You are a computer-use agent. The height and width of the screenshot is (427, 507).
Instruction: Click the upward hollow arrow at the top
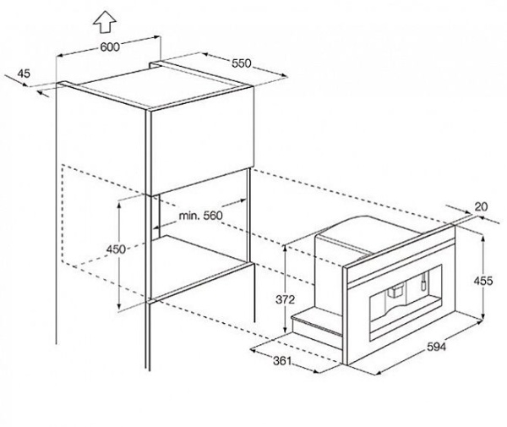point(105,21)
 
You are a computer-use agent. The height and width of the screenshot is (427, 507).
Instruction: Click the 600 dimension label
point(110,47)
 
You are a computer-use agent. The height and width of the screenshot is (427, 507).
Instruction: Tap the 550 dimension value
point(241,63)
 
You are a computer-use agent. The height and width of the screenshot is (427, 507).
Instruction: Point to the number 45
point(24,74)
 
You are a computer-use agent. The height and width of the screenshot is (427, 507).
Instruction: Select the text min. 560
point(201,215)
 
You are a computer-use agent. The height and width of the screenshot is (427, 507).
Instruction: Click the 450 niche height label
point(116,249)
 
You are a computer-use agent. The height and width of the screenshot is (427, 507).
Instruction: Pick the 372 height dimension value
point(286,299)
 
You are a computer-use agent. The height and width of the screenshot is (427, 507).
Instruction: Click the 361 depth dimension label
point(282,361)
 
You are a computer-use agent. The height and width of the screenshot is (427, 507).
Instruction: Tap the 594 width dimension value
point(436,347)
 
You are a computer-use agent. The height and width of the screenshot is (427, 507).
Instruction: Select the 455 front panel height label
point(483,281)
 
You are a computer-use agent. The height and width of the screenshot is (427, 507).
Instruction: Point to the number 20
point(481,206)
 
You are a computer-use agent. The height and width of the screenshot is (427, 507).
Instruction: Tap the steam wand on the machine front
point(423,281)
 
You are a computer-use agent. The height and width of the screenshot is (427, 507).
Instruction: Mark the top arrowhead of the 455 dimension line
point(483,238)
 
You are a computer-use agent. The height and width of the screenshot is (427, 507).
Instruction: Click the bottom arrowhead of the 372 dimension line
point(285,330)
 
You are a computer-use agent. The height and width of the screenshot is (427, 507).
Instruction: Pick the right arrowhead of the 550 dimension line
point(284,76)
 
